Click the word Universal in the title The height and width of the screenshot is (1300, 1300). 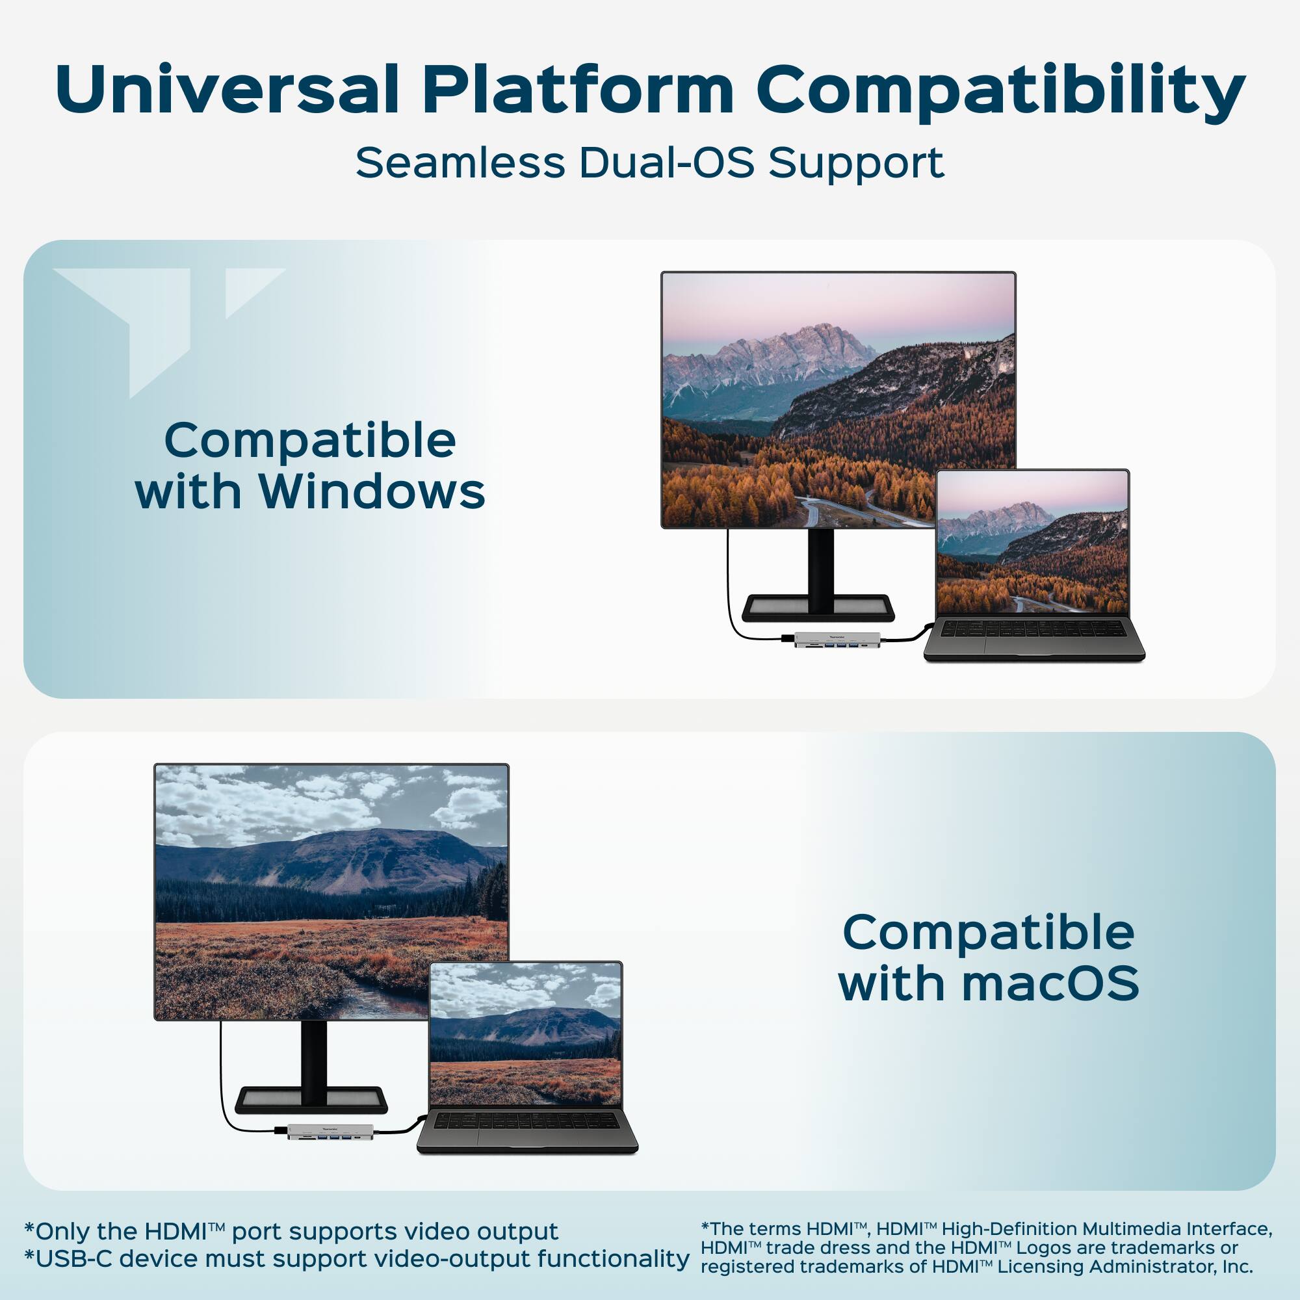227,91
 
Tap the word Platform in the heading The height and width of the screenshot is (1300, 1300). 578,91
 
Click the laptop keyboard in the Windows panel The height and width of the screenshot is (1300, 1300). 1033,629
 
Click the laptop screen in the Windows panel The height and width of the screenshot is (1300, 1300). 1032,541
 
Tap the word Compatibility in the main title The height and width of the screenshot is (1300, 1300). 1000,91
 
